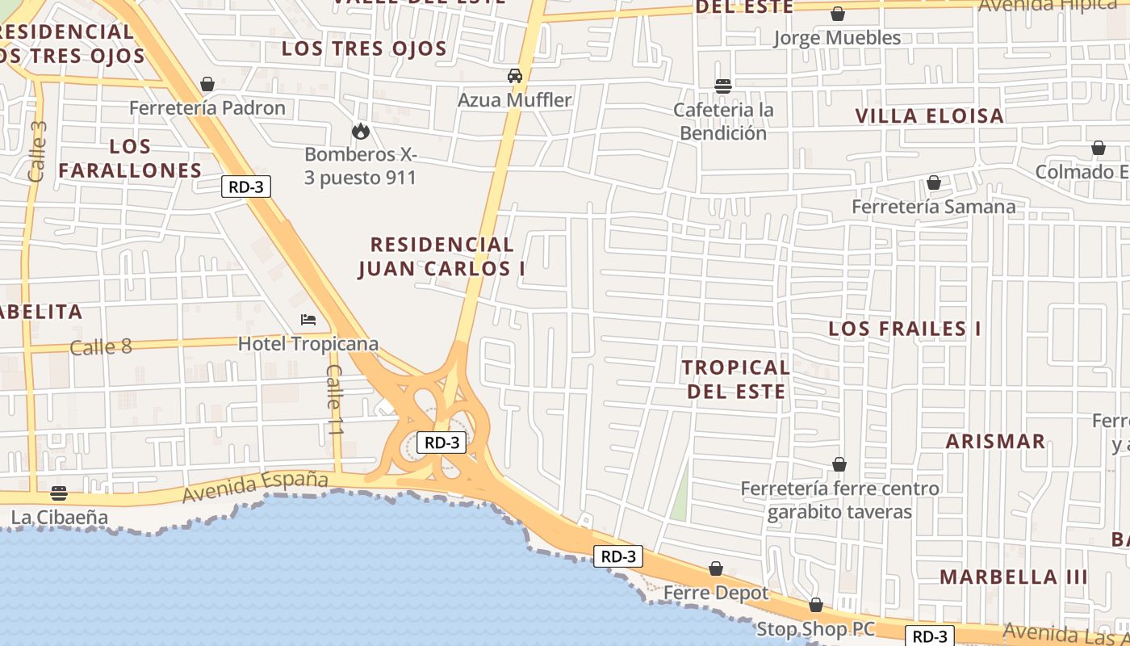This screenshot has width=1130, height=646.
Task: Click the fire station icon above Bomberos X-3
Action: coord(360,131)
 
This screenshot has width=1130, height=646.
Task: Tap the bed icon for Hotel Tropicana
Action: coord(308,320)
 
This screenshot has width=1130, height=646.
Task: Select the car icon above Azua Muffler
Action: coord(515,76)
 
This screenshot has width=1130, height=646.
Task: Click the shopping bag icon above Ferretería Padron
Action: coord(207,84)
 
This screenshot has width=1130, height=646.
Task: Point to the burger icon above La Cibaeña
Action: coord(58,493)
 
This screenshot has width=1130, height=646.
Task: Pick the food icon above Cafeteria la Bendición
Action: coord(723,86)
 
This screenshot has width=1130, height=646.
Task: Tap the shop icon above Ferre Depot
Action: coord(716,568)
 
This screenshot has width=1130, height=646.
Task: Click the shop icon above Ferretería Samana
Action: coord(934,183)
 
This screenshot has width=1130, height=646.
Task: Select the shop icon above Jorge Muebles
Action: coord(838,14)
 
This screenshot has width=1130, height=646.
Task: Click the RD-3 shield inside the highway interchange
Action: coord(442,443)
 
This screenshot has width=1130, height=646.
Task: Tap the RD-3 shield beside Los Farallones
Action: coord(246,187)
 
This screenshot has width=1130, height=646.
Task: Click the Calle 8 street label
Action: coord(101,347)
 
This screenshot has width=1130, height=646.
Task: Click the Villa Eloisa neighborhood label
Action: coord(930,116)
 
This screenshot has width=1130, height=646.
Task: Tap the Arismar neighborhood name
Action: coord(995,442)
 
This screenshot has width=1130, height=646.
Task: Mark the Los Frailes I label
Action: coord(905,329)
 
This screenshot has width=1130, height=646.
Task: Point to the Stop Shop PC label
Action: coord(815,629)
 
